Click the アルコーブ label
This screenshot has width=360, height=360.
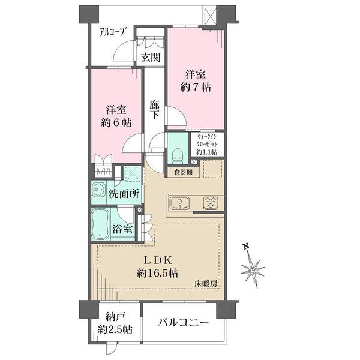tap(109, 33)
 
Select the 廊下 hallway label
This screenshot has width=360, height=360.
tap(154, 108)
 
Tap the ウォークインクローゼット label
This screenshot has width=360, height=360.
tap(207, 144)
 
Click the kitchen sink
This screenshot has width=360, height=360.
tap(179, 202)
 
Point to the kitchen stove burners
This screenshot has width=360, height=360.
tap(212, 202)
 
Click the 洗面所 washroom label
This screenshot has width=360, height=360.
tap(125, 194)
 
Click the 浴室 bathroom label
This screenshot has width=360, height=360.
tap(125, 229)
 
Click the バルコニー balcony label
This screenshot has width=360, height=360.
tap(184, 323)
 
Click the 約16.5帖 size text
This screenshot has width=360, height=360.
tap(157, 273)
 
